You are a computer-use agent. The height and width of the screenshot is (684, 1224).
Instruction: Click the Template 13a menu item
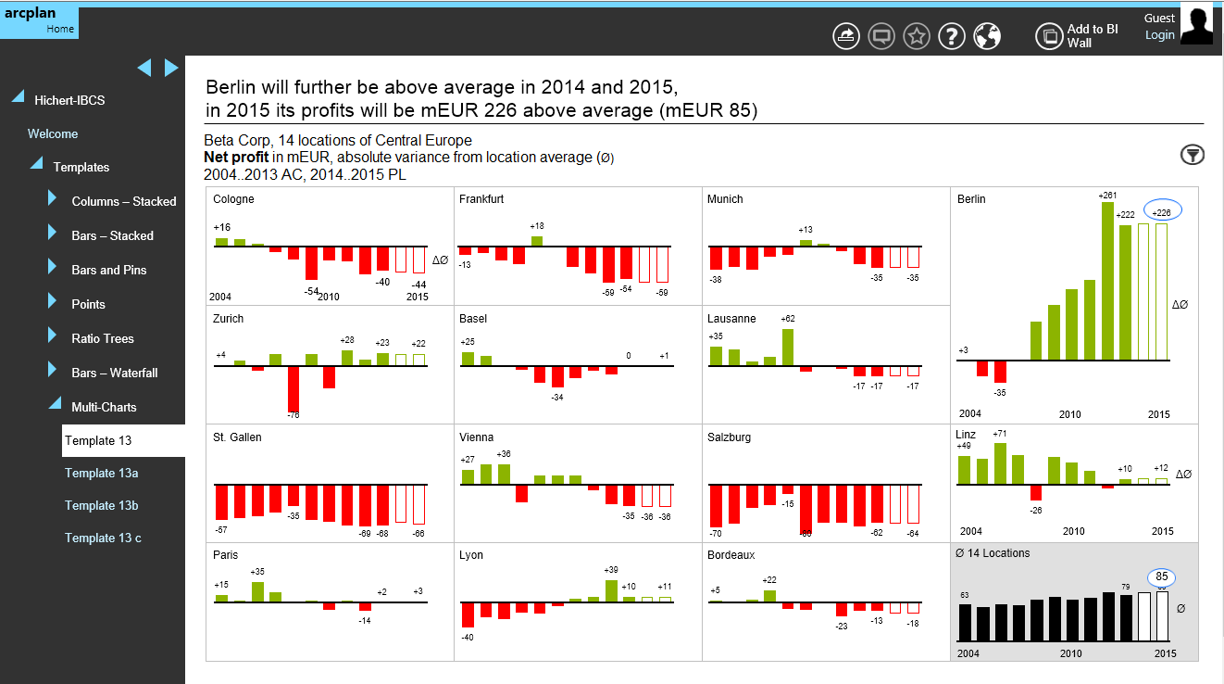(x=102, y=474)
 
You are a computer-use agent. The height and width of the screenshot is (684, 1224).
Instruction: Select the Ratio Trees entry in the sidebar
(x=103, y=338)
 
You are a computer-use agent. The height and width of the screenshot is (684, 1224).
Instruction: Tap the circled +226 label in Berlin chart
(x=1161, y=212)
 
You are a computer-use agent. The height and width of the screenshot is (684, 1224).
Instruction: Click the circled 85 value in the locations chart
(x=1161, y=577)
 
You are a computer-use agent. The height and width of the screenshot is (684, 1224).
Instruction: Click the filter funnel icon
(x=1193, y=155)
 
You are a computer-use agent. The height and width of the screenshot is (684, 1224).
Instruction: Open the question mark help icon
(x=952, y=36)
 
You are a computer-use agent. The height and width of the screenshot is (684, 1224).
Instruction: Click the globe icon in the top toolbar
(x=987, y=36)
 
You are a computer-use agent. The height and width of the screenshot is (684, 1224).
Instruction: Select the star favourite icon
(x=917, y=36)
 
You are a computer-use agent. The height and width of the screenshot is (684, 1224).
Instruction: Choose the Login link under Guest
(x=1159, y=35)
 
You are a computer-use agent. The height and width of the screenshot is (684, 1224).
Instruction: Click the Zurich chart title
(x=229, y=319)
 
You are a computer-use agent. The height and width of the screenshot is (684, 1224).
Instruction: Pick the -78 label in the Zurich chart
(x=294, y=414)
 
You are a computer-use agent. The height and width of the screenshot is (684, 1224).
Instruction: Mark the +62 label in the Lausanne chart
(x=788, y=319)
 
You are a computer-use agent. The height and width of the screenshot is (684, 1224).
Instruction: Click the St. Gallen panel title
(x=237, y=437)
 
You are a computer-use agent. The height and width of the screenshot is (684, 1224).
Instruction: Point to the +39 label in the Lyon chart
(x=611, y=570)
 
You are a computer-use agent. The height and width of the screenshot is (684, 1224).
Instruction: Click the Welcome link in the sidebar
(x=53, y=133)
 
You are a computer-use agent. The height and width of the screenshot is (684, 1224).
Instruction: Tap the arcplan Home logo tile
(x=39, y=21)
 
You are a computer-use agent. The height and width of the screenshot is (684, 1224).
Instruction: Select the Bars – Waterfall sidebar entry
(x=115, y=373)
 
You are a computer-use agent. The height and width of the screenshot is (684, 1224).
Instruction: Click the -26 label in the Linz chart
(x=1036, y=510)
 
